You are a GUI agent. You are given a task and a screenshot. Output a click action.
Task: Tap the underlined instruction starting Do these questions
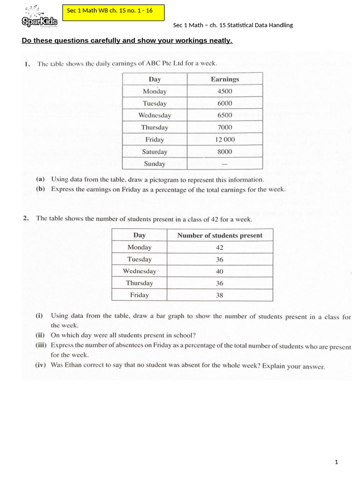127,41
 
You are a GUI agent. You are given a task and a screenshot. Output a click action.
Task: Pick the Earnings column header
225,79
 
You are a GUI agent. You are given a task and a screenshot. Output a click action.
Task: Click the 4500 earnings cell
225,91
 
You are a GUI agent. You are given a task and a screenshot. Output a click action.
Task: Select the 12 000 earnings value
225,140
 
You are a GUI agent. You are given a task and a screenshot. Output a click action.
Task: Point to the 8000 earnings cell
225,151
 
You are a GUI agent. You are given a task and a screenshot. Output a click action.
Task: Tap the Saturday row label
155,151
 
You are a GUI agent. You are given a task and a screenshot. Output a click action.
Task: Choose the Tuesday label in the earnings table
155,103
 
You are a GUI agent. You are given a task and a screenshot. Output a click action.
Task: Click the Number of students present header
220,235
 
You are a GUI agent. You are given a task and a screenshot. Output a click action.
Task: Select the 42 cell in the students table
219,247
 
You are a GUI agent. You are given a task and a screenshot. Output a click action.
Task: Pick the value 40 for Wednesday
219,271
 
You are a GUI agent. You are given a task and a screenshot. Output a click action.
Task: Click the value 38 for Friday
219,295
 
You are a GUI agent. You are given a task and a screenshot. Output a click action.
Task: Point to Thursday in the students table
139,283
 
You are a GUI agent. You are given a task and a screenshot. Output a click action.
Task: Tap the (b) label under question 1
41,189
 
